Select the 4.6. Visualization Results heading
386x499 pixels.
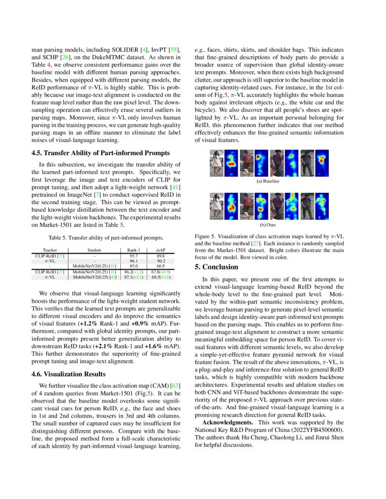(69, 374)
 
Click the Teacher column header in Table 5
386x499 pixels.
(49, 250)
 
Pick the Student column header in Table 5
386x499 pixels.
(94, 250)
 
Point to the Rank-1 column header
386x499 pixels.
(134, 250)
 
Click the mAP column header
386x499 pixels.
(160, 250)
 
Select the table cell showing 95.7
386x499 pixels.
(134, 256)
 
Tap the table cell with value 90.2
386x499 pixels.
(160, 261)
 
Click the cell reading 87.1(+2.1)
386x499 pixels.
(134, 277)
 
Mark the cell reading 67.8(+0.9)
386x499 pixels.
(160, 271)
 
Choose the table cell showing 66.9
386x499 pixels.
(160, 266)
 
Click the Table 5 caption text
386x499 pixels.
(106, 237)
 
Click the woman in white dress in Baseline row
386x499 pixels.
(216, 163)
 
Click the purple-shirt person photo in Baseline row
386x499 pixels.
(306, 163)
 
